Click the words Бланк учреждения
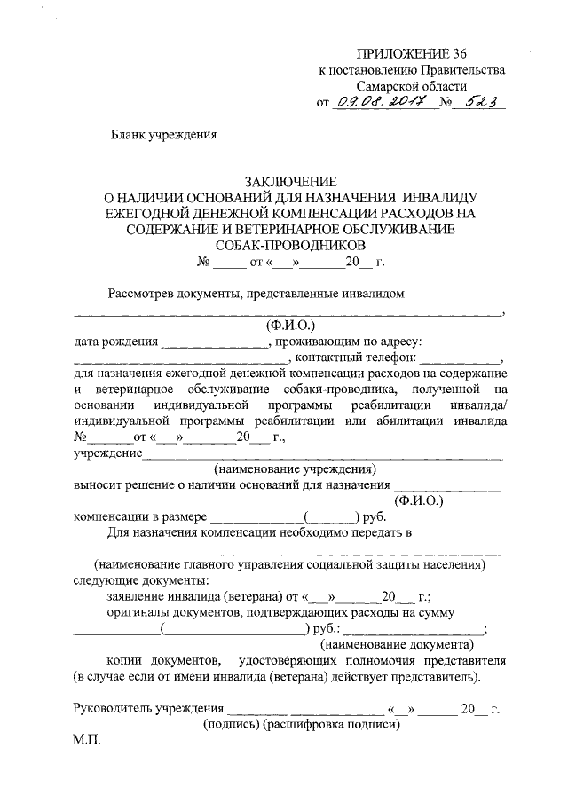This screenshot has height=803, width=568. click(162, 135)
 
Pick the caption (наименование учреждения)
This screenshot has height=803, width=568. click(296, 468)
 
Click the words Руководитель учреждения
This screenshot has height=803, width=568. click(146, 708)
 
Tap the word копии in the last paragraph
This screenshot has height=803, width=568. click(126, 661)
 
